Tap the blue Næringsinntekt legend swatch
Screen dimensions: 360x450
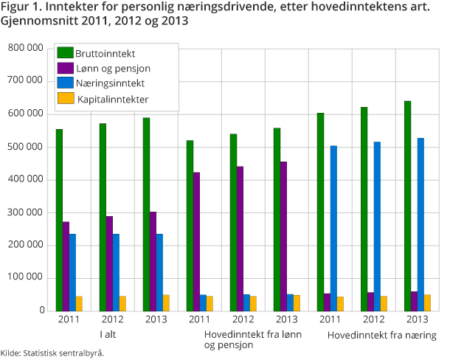click(x=66, y=83)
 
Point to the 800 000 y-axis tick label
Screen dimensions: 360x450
click(x=25, y=49)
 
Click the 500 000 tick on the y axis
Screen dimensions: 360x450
click(x=25, y=147)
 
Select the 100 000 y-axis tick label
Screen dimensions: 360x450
click(x=25, y=278)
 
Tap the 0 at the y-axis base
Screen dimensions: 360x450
click(x=40, y=311)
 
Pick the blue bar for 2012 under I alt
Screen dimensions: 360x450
click(x=116, y=272)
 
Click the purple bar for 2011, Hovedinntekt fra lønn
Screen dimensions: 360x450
click(x=196, y=241)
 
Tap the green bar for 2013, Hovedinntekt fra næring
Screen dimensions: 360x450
click(x=407, y=206)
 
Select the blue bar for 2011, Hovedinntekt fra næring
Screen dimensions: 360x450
click(x=333, y=228)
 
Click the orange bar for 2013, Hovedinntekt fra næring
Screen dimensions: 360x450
click(x=428, y=302)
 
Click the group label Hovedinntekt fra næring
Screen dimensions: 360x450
click(x=381, y=336)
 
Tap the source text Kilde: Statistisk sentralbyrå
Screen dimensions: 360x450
click(x=52, y=353)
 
